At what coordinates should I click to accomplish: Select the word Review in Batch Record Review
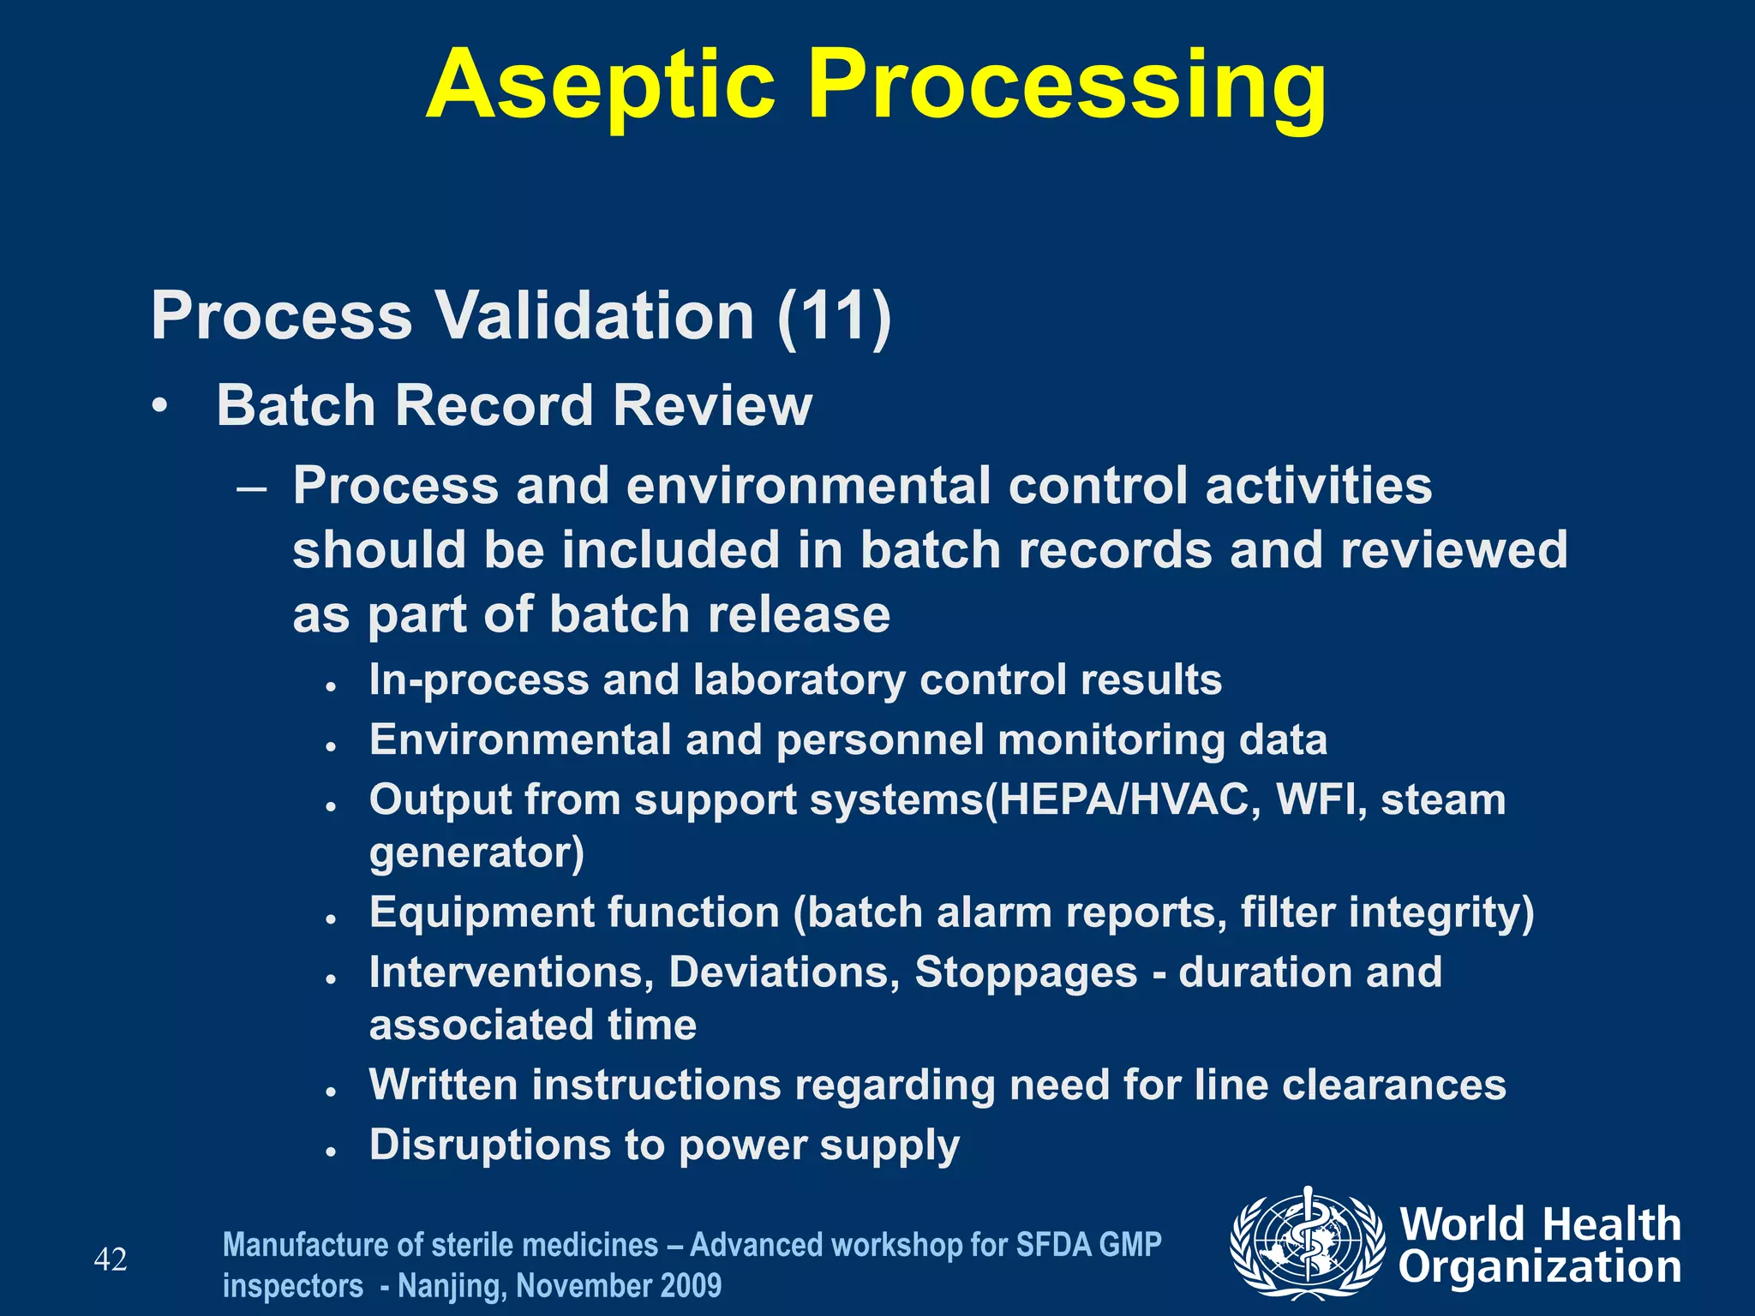pyautogui.click(x=712, y=405)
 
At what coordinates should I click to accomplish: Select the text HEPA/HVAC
pyautogui.click(x=1123, y=800)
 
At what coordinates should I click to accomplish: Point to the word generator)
pyautogui.click(x=476, y=853)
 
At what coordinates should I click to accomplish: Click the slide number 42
pyautogui.click(x=111, y=1260)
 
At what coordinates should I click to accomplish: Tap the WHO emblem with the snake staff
pyautogui.click(x=1307, y=1243)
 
